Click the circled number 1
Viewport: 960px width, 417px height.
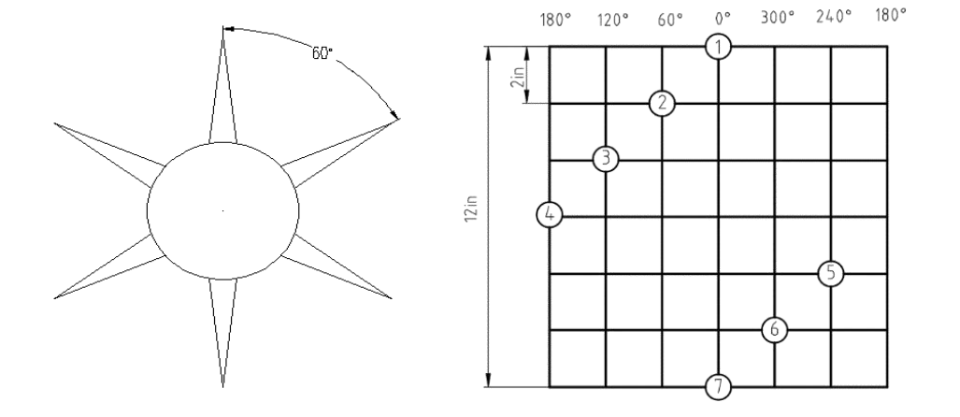point(718,47)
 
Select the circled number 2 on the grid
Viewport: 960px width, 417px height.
point(662,104)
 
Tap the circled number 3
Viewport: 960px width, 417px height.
point(606,159)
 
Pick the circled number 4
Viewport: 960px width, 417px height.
point(550,215)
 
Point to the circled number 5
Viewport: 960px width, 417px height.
point(831,273)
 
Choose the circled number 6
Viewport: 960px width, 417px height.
point(775,329)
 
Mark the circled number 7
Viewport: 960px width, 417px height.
point(718,387)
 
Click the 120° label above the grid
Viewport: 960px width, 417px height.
point(613,21)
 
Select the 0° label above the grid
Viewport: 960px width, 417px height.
point(724,19)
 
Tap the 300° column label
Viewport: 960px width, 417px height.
point(778,17)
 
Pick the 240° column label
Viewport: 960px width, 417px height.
point(834,17)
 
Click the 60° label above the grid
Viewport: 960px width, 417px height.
point(670,21)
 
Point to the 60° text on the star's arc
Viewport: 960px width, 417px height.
point(322,53)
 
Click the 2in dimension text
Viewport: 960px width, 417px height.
point(518,78)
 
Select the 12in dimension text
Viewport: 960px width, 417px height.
point(471,208)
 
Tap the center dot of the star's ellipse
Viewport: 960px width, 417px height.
point(222,210)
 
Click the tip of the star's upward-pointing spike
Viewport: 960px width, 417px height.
point(222,26)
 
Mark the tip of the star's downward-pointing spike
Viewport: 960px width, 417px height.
point(222,387)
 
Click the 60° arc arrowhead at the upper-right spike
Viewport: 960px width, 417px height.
point(394,114)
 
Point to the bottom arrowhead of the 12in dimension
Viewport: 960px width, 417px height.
point(489,380)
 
